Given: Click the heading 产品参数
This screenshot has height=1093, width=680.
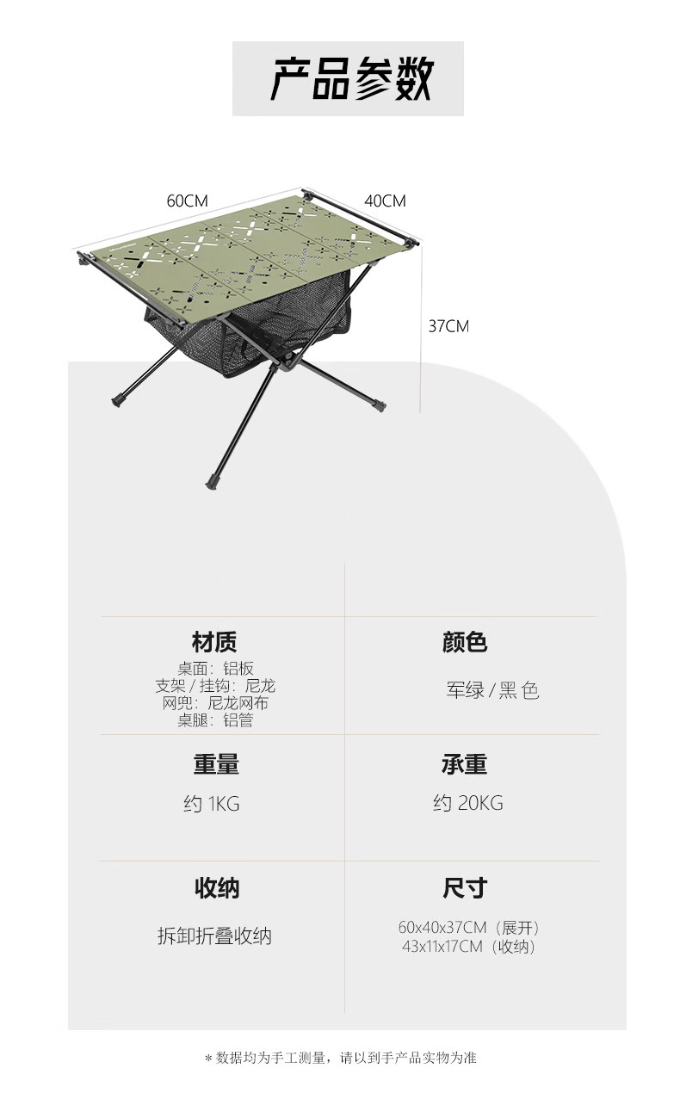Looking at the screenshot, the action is [x=352, y=79].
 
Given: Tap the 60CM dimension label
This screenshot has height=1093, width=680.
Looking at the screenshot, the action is [x=188, y=201].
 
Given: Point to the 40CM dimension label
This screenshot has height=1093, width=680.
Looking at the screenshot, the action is [x=385, y=201].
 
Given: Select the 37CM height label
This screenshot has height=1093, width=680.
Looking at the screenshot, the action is [x=448, y=326].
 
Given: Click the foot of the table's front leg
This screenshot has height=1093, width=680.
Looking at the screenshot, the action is [x=210, y=483].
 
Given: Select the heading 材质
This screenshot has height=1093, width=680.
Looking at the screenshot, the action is [x=214, y=642].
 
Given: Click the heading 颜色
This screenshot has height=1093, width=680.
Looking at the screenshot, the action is [x=465, y=642].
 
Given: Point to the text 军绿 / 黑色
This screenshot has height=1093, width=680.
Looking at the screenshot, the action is [x=492, y=690].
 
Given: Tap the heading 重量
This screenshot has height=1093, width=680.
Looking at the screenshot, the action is [x=215, y=764].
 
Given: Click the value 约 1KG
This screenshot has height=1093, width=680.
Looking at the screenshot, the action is [x=212, y=804].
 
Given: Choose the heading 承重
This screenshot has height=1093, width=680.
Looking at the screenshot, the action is [x=465, y=764].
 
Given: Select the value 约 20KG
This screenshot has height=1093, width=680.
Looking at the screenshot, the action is [x=468, y=804].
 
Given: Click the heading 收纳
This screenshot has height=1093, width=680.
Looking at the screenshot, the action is [x=215, y=887].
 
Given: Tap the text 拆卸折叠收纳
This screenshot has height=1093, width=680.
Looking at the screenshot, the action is [x=214, y=936].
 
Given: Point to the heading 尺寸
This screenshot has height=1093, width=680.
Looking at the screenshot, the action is [x=465, y=887].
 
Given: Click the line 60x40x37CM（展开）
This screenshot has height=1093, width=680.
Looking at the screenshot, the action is [x=469, y=928].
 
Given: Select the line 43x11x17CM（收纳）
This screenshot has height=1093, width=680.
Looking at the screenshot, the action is [x=469, y=947].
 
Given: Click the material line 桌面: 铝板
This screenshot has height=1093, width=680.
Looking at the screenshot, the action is [x=215, y=669].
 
